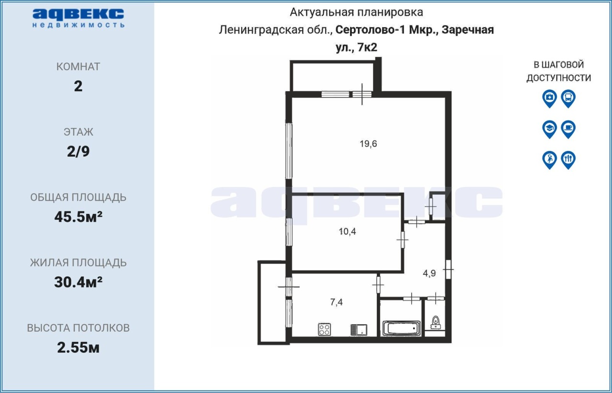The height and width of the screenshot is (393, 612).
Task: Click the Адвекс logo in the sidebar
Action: [78, 18]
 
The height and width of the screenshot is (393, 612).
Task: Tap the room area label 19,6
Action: [368, 144]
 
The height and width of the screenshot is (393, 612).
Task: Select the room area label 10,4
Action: [347, 232]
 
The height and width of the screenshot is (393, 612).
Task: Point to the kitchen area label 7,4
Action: [336, 302]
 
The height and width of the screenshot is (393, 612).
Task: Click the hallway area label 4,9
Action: [429, 273]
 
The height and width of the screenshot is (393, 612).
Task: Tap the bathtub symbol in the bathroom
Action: [401, 328]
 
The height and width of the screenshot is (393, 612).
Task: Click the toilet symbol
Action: [435, 323]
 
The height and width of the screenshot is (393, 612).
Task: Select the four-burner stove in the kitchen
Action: [324, 329]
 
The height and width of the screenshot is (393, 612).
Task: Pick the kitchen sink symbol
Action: [359, 330]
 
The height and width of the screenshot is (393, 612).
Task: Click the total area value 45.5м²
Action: [78, 217]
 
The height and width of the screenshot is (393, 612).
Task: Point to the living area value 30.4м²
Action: [78, 282]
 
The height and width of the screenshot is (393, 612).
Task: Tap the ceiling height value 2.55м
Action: [78, 348]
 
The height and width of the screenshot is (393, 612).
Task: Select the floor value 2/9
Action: [78, 152]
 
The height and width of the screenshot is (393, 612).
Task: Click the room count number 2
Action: [78, 87]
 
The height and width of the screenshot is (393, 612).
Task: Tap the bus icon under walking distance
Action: [568, 98]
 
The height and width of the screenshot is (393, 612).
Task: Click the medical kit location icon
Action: [550, 98]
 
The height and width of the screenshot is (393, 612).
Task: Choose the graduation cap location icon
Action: [550, 129]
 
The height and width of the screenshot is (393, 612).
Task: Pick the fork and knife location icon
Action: [568, 160]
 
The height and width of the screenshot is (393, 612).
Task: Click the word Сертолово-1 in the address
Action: [371, 30]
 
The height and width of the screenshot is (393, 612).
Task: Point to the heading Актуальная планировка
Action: [356, 12]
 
